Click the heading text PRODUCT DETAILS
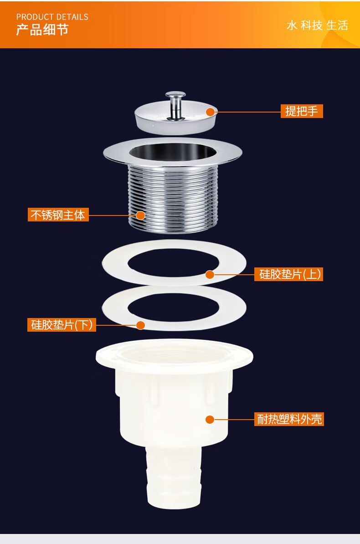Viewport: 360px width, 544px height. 52,17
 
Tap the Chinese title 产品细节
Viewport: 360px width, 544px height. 42,30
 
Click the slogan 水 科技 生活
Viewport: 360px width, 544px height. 317,26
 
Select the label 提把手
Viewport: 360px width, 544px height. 302,111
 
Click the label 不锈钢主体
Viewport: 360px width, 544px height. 58,215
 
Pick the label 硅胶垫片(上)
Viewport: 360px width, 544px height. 288,274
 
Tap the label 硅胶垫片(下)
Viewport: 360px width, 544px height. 62,325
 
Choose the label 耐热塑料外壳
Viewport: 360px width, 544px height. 289,419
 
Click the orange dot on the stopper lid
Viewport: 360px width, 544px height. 210,112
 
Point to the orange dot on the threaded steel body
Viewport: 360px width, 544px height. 140,216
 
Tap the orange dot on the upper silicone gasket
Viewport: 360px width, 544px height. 210,275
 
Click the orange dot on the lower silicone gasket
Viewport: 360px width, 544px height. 140,325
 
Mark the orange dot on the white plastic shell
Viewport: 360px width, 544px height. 210,420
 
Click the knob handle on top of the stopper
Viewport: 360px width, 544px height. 175,104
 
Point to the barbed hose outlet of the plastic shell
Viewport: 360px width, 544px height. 174,477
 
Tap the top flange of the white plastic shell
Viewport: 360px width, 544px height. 174,357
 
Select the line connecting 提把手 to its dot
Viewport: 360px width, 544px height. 247,112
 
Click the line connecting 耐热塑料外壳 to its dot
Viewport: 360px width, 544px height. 234,420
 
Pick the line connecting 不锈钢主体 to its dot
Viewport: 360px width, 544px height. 112,216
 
